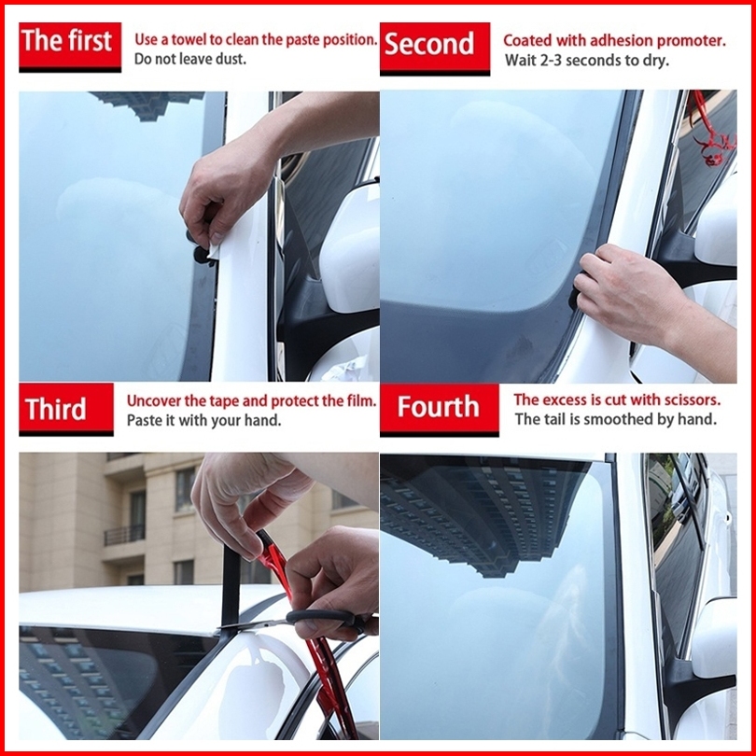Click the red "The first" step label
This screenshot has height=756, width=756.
click(x=70, y=47)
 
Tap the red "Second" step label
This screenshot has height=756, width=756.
click(x=434, y=49)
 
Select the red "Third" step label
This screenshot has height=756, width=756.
click(x=66, y=410)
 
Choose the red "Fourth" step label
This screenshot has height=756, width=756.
click(x=440, y=410)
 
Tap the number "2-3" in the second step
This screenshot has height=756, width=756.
click(x=550, y=61)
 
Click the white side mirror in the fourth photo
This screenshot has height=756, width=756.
click(x=714, y=637)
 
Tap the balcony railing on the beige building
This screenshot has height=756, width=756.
click(x=124, y=535)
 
